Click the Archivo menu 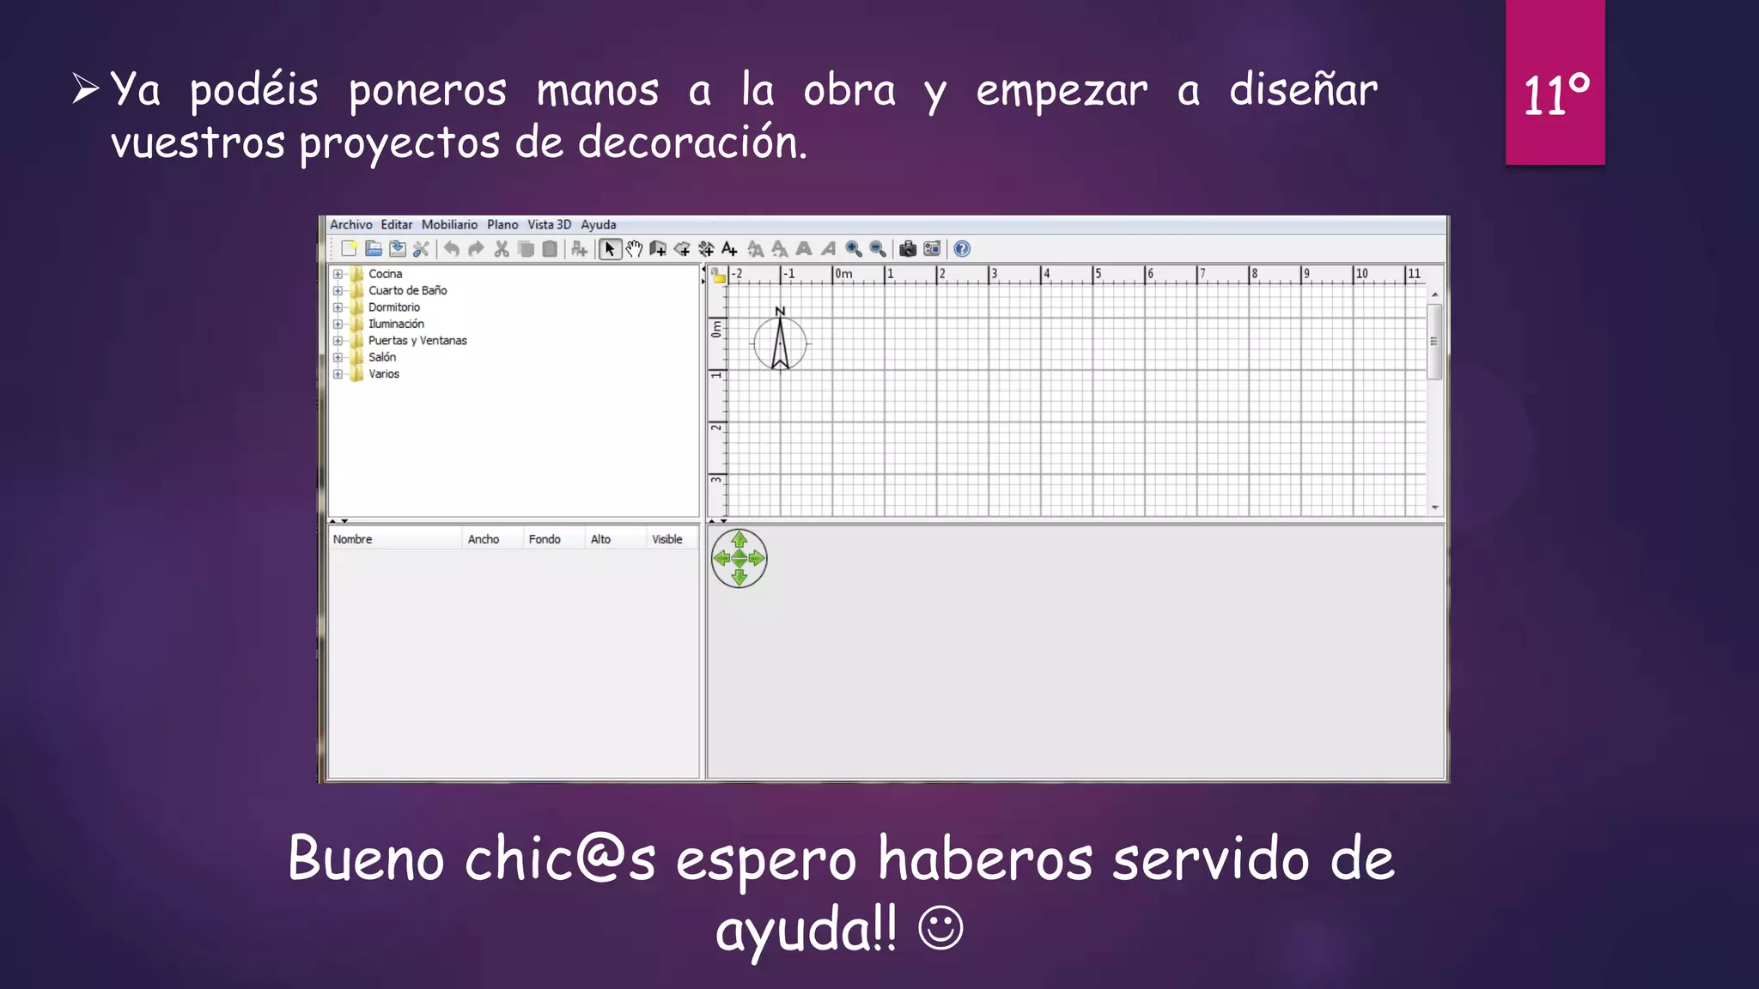tap(350, 225)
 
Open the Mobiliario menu tap(449, 225)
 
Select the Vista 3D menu tap(549, 225)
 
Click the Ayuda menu tap(598, 225)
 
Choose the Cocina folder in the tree tap(385, 274)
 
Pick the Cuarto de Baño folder tap(407, 290)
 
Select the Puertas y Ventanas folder tap(417, 341)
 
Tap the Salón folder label tap(382, 357)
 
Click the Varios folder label tap(384, 374)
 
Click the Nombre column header tap(353, 539)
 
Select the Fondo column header tap(545, 539)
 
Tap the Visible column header tap(667, 539)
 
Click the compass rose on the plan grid tap(780, 343)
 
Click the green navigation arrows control tap(739, 559)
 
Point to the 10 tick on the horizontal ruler tap(1361, 274)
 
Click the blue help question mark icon tap(962, 249)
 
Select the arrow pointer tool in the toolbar tap(609, 249)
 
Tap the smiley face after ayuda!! tap(940, 928)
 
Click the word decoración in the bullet tap(691, 143)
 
